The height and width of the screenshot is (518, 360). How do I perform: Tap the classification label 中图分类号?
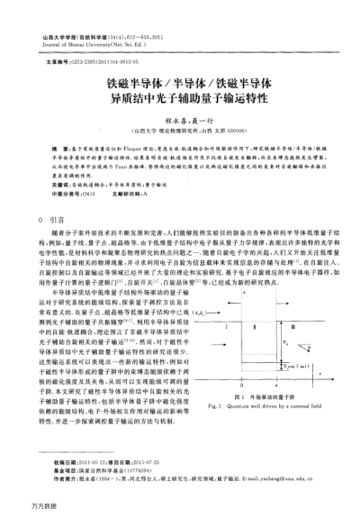(60, 192)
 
